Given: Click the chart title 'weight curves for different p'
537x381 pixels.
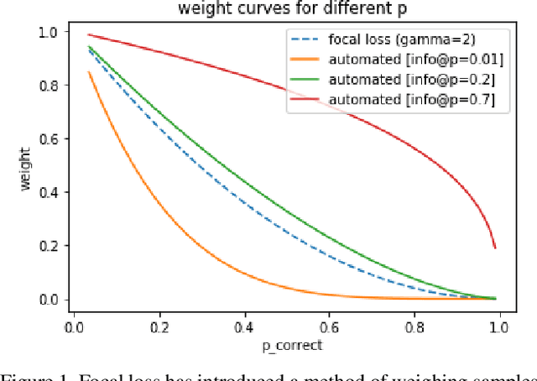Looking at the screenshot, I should [285, 9].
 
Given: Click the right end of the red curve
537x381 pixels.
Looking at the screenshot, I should [495, 248].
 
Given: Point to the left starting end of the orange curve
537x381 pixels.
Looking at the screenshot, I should [89, 72].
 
